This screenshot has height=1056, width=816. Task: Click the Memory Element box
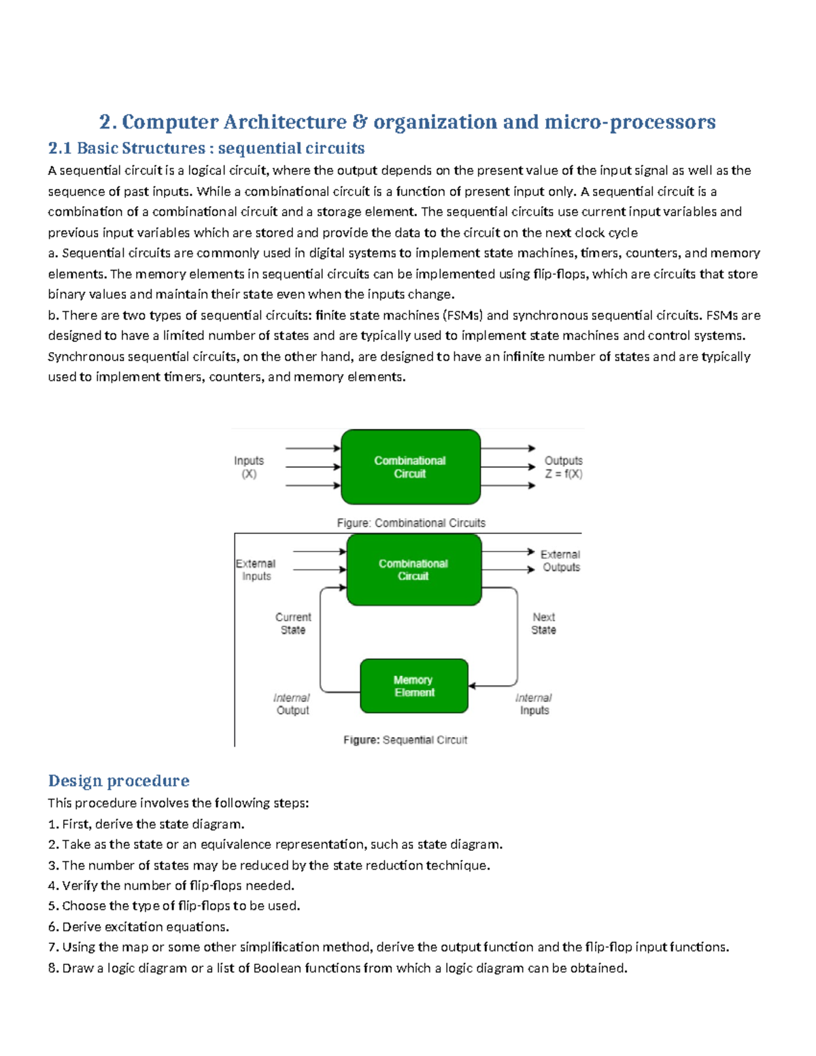pos(413,685)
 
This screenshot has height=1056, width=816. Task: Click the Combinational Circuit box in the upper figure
pos(410,467)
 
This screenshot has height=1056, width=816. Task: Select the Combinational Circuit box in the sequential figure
pos(413,570)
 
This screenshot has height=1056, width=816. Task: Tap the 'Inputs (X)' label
pos(249,467)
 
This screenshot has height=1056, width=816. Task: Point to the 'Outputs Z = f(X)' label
pos(563,467)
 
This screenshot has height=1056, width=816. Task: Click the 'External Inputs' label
pos(256,570)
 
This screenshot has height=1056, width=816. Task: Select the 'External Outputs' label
pos(560,561)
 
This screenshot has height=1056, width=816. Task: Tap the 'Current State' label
pos(293,624)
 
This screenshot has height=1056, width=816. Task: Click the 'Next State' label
pos(543,624)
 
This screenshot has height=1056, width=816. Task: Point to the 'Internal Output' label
pos(292,704)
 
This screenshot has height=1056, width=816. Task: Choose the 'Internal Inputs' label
pos(534,704)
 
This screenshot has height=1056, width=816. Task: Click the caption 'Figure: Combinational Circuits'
pos(411,523)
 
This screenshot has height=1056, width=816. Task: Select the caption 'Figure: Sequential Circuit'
pos(405,740)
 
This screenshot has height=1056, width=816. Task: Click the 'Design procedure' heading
pos(118,781)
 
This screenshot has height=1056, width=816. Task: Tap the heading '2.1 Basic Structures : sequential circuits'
pos(206,148)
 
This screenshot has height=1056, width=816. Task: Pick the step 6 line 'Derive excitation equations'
pos(139,927)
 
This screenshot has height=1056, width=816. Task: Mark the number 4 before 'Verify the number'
pos(52,886)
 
